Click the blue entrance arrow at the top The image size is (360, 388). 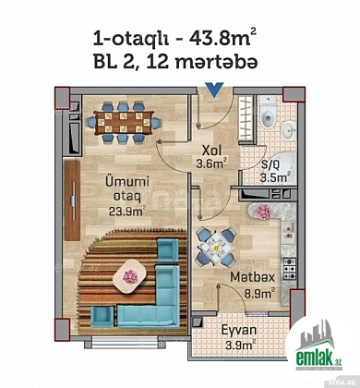215,90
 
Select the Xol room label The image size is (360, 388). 211,151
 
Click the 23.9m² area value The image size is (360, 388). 127,212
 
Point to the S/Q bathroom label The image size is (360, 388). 270,165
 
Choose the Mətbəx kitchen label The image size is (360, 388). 252,277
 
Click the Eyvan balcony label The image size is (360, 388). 239,331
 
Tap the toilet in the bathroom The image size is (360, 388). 267,114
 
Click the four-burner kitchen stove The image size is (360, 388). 289,269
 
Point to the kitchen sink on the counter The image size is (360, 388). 289,231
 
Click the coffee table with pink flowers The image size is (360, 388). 129,277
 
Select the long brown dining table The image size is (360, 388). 123,123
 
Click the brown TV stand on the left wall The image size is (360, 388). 72,200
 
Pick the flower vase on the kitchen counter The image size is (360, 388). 263,212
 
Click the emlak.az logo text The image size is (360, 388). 318,358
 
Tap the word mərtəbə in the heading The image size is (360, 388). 215,63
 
